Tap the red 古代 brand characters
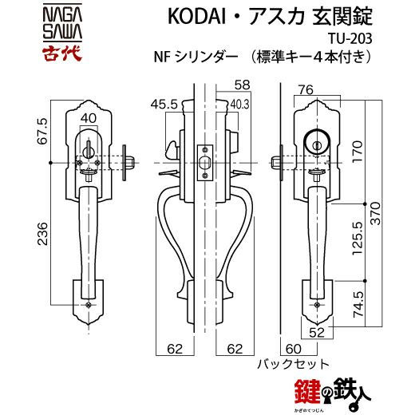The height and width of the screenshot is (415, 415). click(x=62, y=53)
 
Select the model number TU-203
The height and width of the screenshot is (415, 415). click(x=350, y=39)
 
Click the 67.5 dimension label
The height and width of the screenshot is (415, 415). click(x=42, y=131)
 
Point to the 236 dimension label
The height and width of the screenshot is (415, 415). click(x=42, y=234)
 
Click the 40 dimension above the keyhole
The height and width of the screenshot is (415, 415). click(x=89, y=118)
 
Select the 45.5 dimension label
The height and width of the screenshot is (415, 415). click(x=164, y=105)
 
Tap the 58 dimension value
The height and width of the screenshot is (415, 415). click(x=242, y=85)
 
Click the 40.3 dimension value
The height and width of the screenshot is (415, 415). click(x=239, y=105)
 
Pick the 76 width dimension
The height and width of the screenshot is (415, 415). click(x=306, y=90)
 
